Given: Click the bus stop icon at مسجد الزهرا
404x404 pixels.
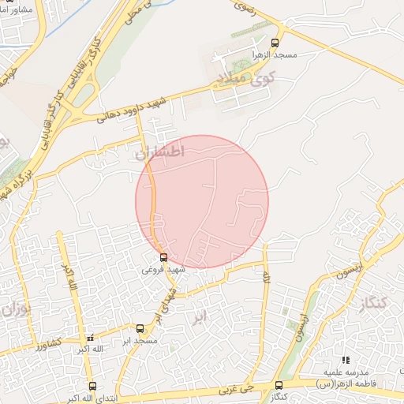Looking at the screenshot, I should [275, 43].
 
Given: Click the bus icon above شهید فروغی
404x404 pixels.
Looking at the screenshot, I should [163, 257].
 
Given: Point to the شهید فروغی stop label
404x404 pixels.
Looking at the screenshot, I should [163, 269].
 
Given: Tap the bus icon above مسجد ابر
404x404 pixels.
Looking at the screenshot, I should [140, 328].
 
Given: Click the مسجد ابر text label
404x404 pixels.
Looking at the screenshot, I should [135, 340].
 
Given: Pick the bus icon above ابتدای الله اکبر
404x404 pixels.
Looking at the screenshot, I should [93, 386].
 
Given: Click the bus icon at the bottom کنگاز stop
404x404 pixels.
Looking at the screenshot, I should [277, 384].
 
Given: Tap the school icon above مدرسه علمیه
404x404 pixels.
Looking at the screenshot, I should [345, 360].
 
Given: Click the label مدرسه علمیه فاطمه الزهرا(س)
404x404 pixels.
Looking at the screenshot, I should [345, 377].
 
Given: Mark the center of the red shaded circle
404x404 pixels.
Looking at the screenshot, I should [202, 202].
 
